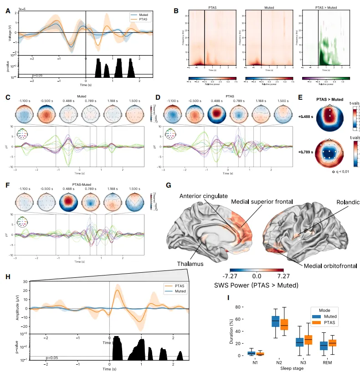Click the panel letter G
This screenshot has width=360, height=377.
[x=169, y=186]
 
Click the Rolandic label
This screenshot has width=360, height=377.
[x=348, y=202]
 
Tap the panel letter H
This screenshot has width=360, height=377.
[x=7, y=276]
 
